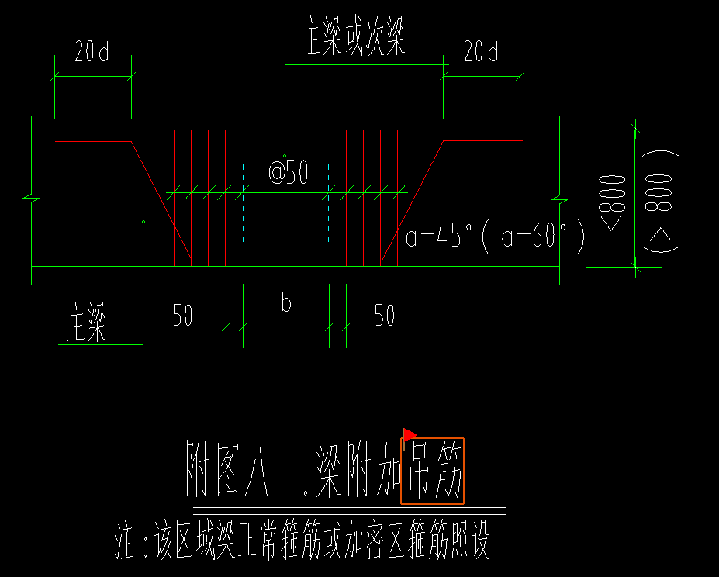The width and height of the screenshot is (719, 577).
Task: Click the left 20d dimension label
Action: tap(92, 53)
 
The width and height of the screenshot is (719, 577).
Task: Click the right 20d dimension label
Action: tap(481, 53)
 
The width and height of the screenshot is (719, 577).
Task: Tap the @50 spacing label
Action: tap(288, 172)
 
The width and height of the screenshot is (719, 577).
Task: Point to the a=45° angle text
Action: tap(439, 237)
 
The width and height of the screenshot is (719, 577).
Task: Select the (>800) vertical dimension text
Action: tap(660, 200)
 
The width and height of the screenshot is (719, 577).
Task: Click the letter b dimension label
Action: tap(286, 303)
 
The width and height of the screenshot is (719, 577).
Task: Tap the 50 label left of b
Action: tap(182, 316)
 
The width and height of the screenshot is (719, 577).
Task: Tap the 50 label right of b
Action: tap(385, 316)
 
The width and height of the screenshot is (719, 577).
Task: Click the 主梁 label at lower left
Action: tap(86, 323)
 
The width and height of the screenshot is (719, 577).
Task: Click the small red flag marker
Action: tap(409, 435)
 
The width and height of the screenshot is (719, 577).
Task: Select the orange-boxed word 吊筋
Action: tap(432, 470)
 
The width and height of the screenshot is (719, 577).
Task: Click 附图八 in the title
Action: tap(229, 470)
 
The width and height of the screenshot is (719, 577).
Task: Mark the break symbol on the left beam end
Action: tap(31, 199)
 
